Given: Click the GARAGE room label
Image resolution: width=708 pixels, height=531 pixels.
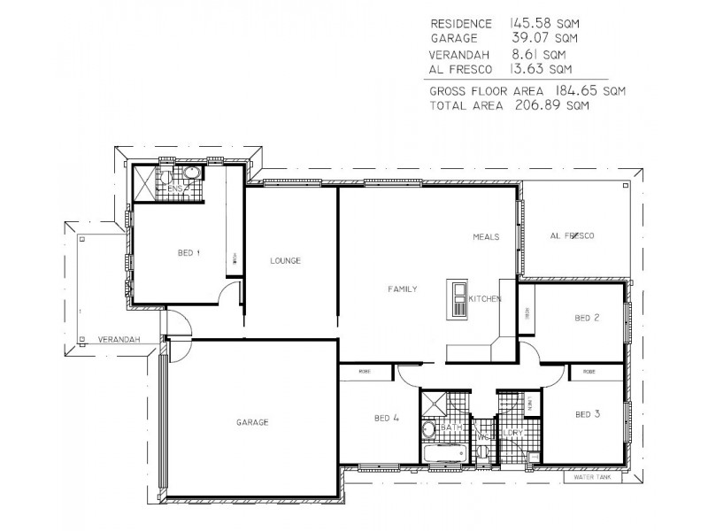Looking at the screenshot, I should (x=252, y=422).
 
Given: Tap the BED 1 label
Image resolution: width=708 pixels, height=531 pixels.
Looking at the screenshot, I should (x=189, y=253).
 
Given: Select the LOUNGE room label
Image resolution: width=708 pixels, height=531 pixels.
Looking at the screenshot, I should (x=287, y=261).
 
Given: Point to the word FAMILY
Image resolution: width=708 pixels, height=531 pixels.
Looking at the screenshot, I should (x=402, y=289).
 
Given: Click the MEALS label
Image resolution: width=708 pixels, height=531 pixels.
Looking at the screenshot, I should (x=486, y=237).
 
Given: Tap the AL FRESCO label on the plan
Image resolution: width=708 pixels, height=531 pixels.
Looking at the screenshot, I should (x=571, y=236).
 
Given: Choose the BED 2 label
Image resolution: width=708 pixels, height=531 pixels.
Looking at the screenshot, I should (x=588, y=318).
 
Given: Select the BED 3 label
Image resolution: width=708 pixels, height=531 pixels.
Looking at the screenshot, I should (x=588, y=413).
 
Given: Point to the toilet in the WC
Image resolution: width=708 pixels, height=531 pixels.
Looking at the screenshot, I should (x=483, y=452).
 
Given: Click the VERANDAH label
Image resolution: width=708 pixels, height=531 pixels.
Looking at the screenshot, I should (x=115, y=339).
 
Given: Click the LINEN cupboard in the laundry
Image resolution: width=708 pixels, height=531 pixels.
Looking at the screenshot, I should (x=529, y=404).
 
